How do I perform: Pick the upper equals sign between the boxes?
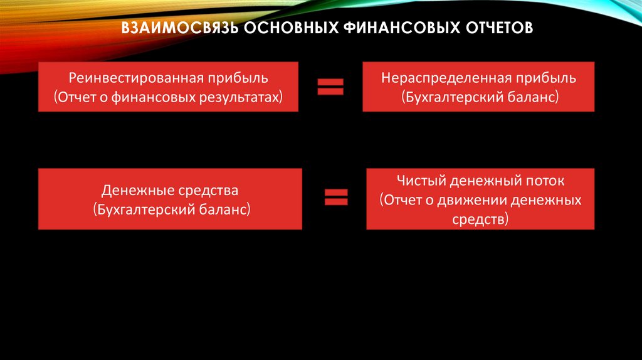pyautogui.click(x=330, y=87)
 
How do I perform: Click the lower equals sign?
pyautogui.click(x=336, y=198)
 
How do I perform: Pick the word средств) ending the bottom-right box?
pyautogui.click(x=480, y=220)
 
